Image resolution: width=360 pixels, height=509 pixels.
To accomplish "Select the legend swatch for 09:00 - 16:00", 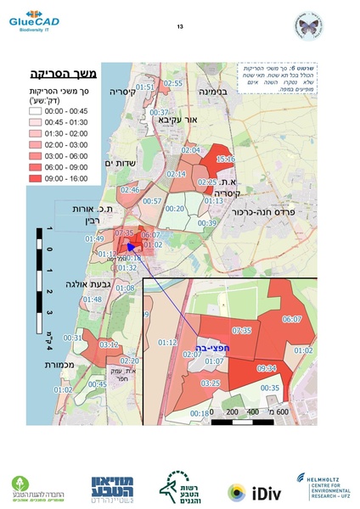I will pos(47,180).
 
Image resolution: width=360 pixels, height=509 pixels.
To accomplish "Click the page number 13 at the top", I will pos(180,27).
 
